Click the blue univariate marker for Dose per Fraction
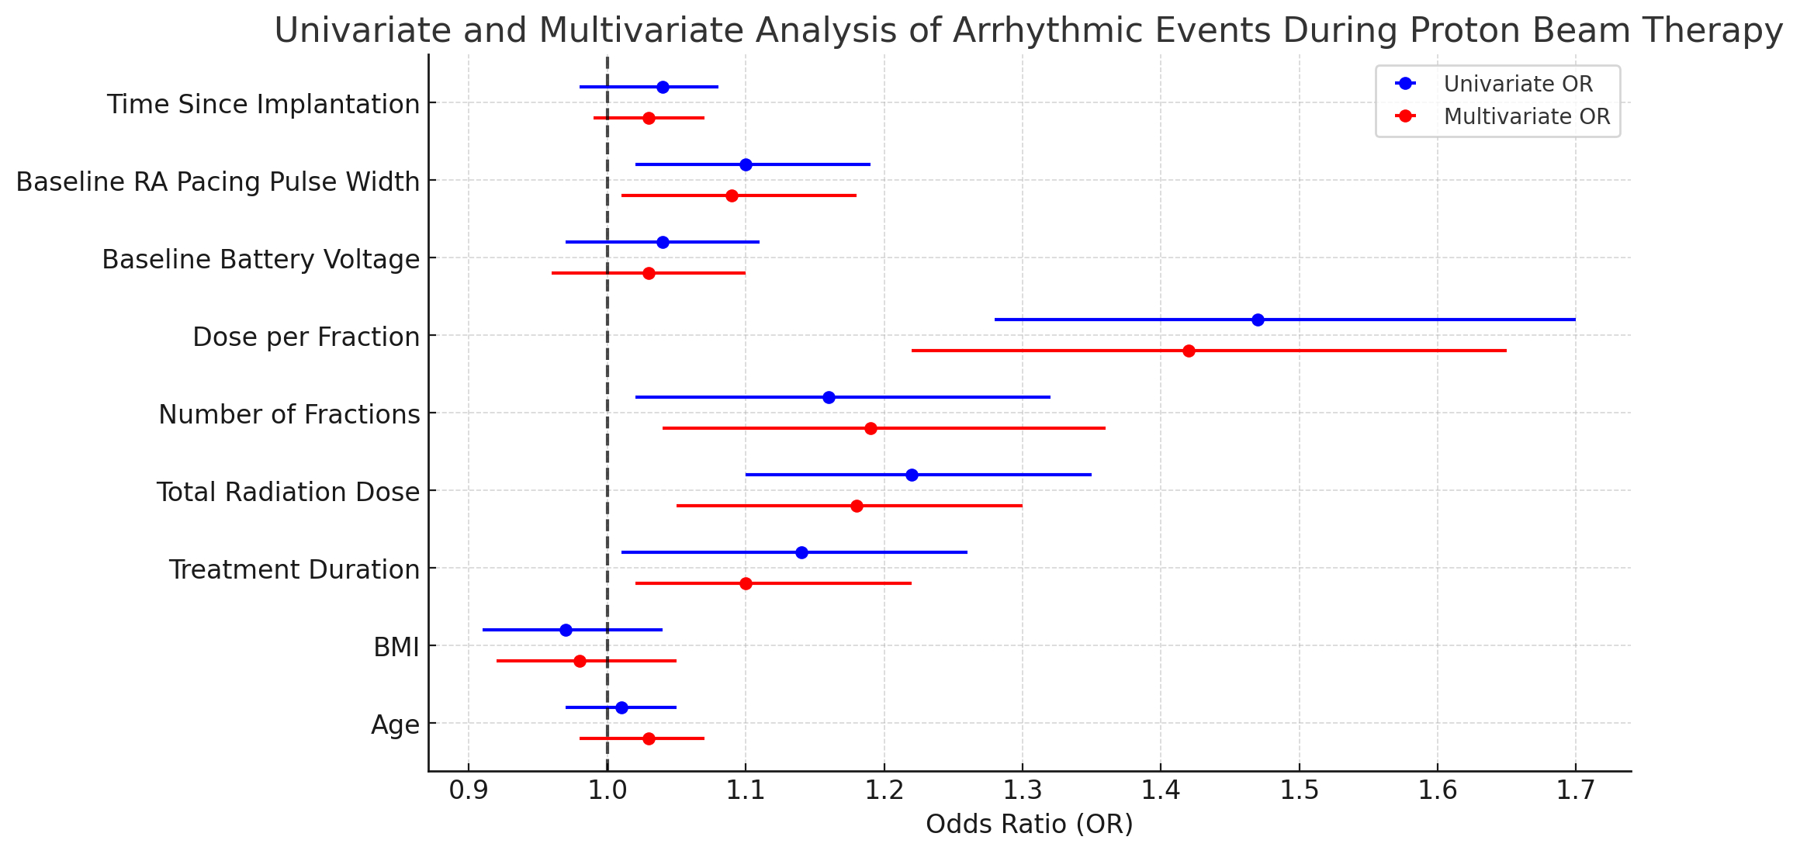click(x=1258, y=320)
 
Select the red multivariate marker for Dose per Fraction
click(x=1189, y=351)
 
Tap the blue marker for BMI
click(x=566, y=630)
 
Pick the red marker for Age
click(x=649, y=738)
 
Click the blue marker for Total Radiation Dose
click(x=912, y=475)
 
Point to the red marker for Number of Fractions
click(x=871, y=428)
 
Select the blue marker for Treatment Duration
click(x=801, y=552)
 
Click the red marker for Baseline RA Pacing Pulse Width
click(x=732, y=195)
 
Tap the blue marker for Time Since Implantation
click(x=663, y=87)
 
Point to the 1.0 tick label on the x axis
click(x=607, y=790)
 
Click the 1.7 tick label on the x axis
click(x=1575, y=790)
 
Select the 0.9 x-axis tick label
click(x=469, y=790)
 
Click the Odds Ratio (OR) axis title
click(x=1030, y=825)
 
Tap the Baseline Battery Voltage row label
click(x=261, y=259)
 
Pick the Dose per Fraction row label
click(x=306, y=337)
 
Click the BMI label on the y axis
click(x=396, y=647)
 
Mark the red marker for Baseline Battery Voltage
click(x=649, y=273)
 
